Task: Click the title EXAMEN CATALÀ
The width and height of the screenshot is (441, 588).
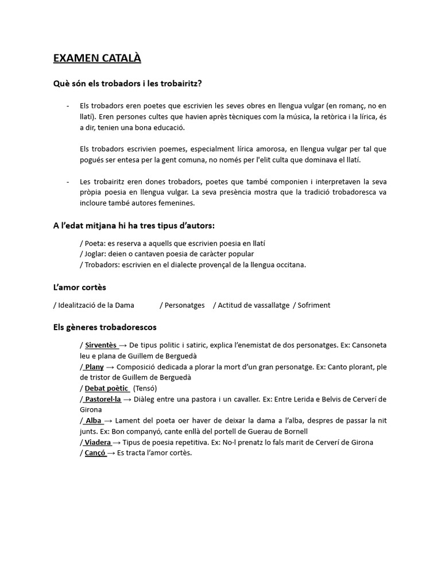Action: click(97, 58)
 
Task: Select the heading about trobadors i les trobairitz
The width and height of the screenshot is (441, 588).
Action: click(127, 84)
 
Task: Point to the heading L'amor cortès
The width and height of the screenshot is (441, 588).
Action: click(80, 287)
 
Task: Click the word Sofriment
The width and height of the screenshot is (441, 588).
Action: click(314, 305)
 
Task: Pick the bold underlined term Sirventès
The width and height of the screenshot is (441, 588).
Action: click(100, 345)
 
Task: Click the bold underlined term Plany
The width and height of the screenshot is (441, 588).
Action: click(94, 367)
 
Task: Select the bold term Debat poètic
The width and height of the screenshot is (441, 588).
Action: click(106, 389)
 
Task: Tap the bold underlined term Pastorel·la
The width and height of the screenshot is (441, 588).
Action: click(103, 399)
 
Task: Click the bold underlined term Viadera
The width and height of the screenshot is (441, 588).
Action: click(98, 443)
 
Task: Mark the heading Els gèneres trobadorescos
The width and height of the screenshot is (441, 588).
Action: click(105, 327)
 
